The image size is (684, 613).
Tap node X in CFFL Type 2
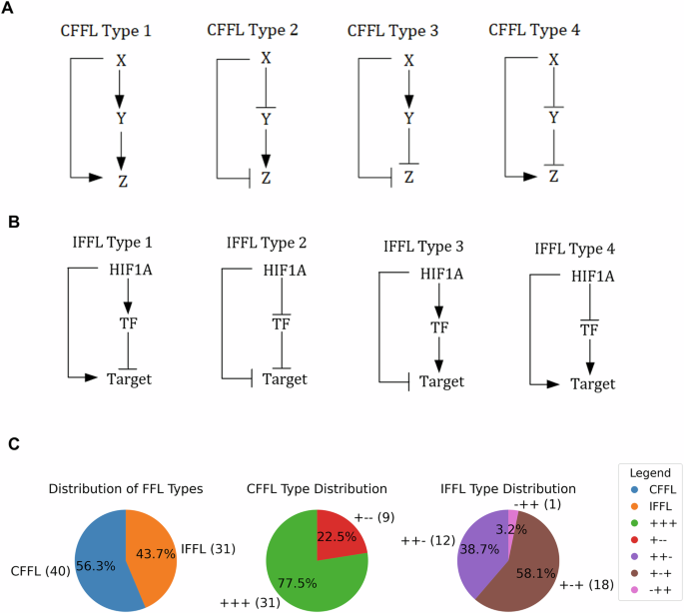pos(266,59)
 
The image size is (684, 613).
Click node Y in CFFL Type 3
pos(408,119)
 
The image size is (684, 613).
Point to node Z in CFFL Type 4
pos(552,177)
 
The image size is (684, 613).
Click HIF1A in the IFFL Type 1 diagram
pos(123,270)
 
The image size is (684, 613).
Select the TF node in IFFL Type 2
pos(282,323)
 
